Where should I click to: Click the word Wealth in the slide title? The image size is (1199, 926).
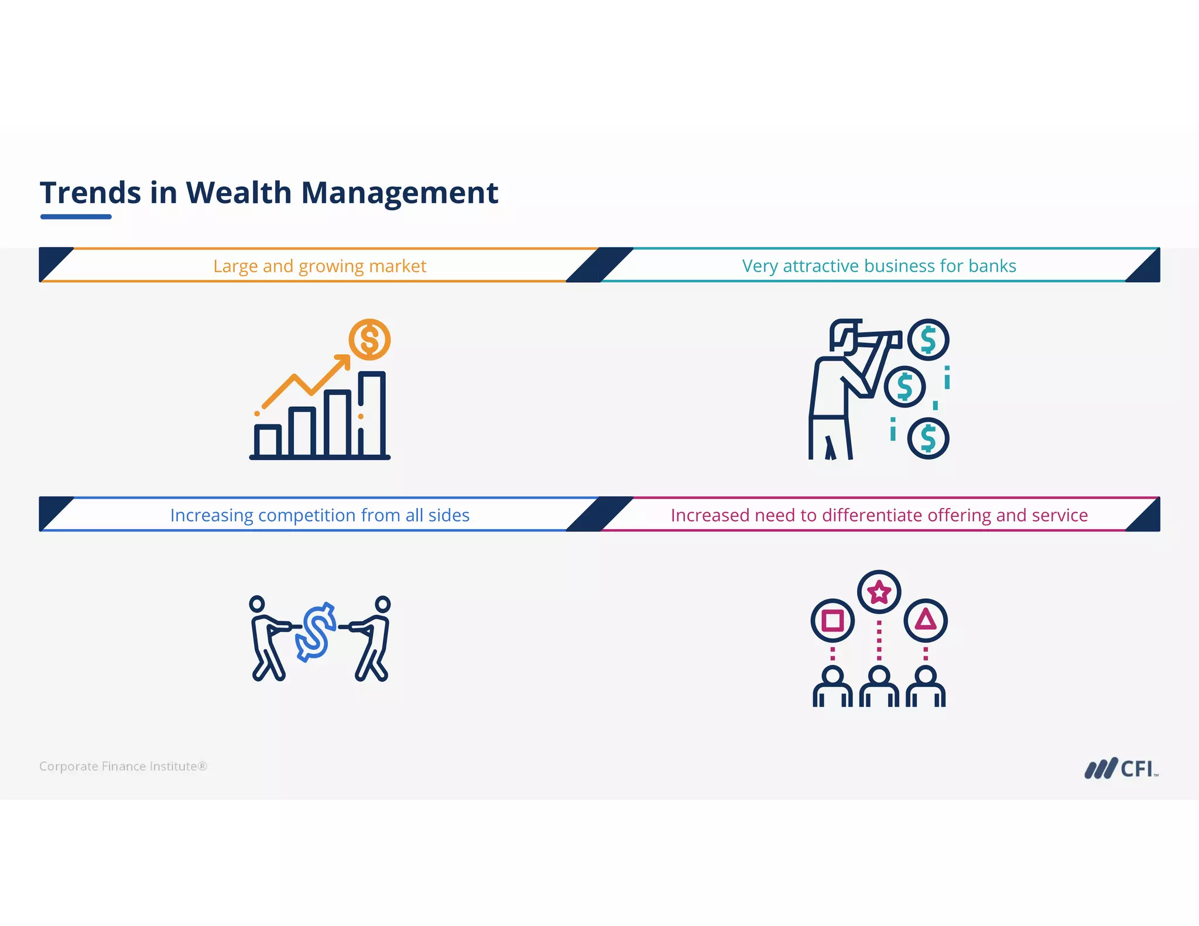pos(238,193)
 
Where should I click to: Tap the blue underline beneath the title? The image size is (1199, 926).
pos(76,217)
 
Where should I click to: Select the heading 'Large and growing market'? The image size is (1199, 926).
pos(320,266)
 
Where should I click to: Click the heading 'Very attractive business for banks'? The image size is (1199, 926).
pos(879,266)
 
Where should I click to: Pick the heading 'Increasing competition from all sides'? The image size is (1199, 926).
pos(320,515)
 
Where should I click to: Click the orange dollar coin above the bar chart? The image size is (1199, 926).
pos(369,339)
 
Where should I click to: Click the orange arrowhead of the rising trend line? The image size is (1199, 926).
pos(344,361)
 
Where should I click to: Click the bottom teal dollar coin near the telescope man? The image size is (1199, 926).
pos(928,438)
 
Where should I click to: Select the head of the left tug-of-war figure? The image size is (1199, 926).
pos(257,604)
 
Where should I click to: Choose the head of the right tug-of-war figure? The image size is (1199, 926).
pos(382,604)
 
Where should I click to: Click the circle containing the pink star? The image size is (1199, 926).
pos(879,592)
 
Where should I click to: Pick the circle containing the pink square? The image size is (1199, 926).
pos(833,620)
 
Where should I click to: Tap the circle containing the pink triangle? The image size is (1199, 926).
pos(926,620)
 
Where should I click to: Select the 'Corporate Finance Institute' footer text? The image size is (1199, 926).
pos(123,766)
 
